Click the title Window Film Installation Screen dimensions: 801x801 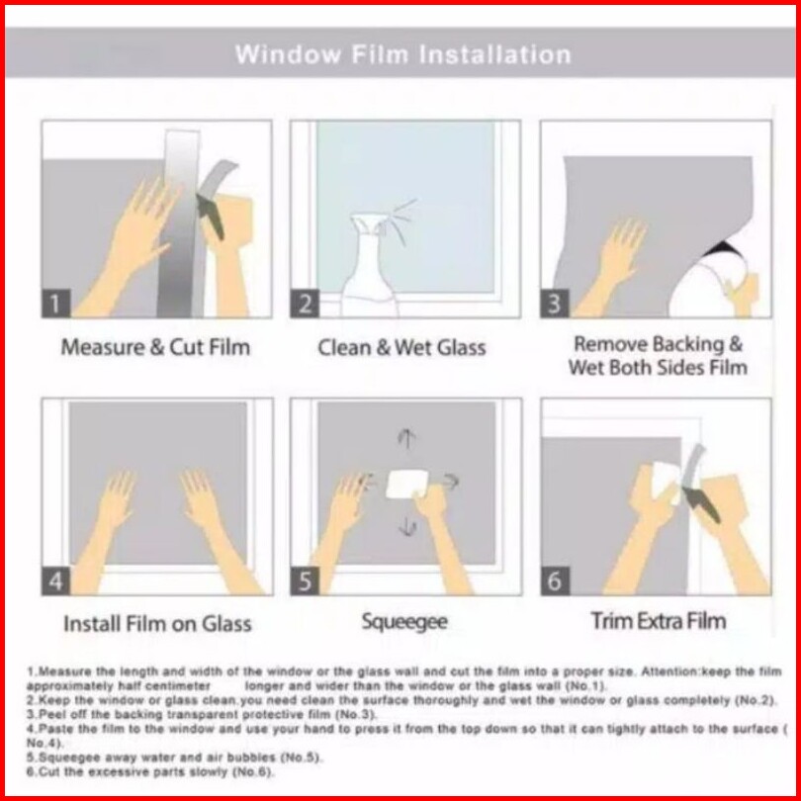pyautogui.click(x=403, y=54)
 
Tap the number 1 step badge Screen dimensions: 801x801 pyautogui.click(x=55, y=304)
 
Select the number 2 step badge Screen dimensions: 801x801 pyautogui.click(x=305, y=304)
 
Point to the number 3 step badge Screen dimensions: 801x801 pyautogui.click(x=555, y=304)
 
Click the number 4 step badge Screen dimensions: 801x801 pyautogui.click(x=55, y=580)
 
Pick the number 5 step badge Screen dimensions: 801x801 pyautogui.click(x=305, y=580)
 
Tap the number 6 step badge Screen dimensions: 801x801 pyautogui.click(x=555, y=580)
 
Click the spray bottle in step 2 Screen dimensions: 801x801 pyautogui.click(x=371, y=268)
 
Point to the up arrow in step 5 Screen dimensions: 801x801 pyautogui.click(x=406, y=439)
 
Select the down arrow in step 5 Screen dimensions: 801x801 pyautogui.click(x=407, y=526)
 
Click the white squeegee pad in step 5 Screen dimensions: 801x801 pyautogui.click(x=406, y=484)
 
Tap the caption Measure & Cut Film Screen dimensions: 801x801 pyautogui.click(x=156, y=347)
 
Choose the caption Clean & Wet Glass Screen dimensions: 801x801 pyautogui.click(x=402, y=348)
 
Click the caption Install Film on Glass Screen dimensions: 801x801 pyautogui.click(x=158, y=624)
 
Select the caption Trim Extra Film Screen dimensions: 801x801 pyautogui.click(x=659, y=621)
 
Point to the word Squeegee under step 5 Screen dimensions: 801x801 pyautogui.click(x=404, y=622)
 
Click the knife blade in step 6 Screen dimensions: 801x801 pyautogui.click(x=701, y=505)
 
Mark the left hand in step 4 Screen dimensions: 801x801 pyautogui.click(x=105, y=531)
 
